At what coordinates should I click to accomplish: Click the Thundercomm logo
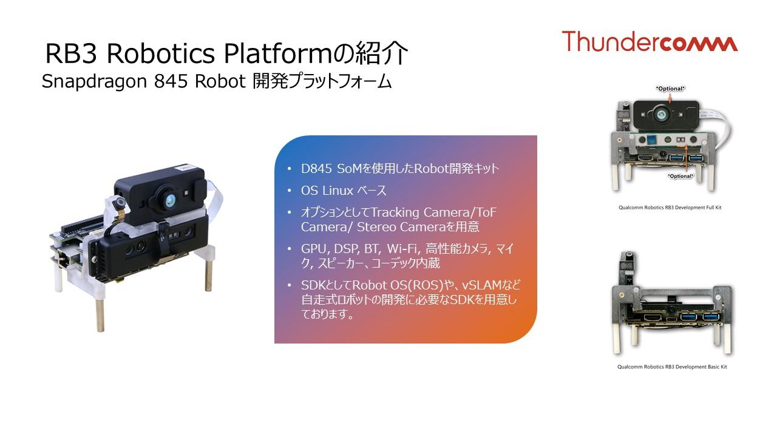point(650,41)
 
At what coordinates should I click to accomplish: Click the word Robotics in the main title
point(161,53)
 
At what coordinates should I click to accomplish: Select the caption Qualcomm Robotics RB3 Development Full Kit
point(670,208)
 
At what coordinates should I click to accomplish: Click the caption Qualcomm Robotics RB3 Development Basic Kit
point(672,367)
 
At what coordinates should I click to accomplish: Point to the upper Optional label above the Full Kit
point(670,89)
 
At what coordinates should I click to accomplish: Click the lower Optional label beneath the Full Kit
point(680,176)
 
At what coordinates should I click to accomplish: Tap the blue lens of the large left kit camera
point(171,200)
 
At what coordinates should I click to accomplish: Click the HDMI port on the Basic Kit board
point(653,317)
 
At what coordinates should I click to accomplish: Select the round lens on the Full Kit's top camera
point(662,114)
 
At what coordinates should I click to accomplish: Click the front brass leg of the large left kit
point(100,315)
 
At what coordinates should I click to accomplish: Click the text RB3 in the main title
point(71,54)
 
